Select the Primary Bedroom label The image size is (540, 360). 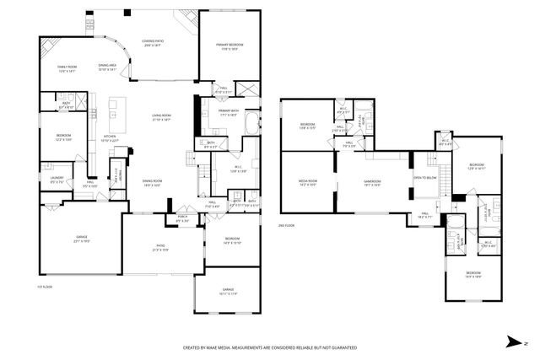coord(229,46)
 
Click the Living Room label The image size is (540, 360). coord(160,117)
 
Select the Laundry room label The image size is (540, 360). coord(57,178)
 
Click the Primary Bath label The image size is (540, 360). coord(229,110)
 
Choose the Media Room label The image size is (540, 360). coord(306,181)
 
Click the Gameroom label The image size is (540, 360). coord(372,181)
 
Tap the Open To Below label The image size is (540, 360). coord(424,178)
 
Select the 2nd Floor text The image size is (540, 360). coord(287,226)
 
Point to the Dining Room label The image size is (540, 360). coord(152,182)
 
